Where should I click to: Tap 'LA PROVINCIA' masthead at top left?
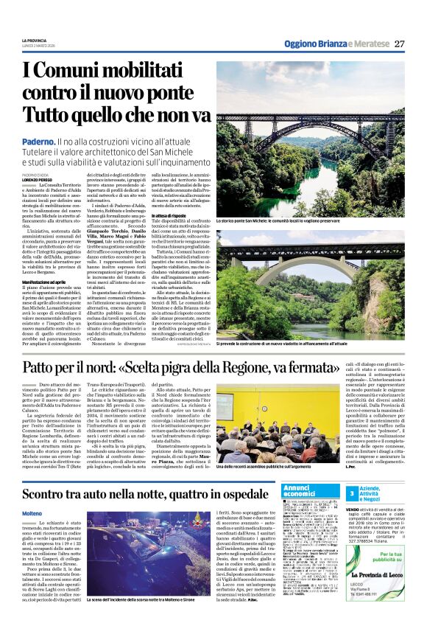point(35,39)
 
